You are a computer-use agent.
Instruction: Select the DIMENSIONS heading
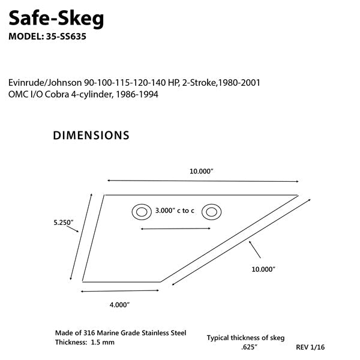click(91, 136)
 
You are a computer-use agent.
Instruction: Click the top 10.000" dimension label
click(202, 172)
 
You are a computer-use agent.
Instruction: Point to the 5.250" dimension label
click(64, 223)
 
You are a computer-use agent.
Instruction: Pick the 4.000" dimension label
click(119, 304)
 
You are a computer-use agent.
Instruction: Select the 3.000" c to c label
click(175, 211)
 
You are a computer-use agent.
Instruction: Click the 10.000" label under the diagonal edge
click(263, 270)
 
